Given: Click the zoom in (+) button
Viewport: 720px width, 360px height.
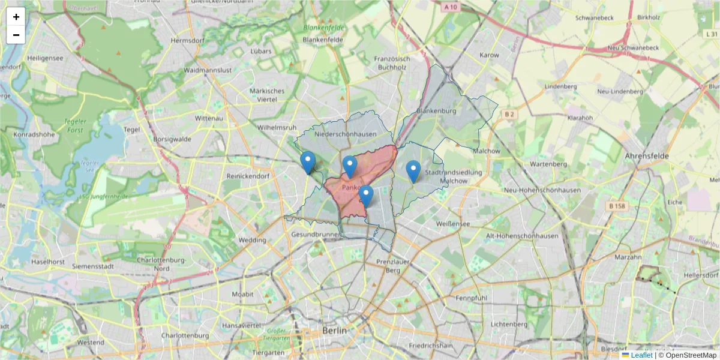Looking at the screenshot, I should [x=16, y=17].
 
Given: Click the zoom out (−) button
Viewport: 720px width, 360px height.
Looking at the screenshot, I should [x=16, y=35].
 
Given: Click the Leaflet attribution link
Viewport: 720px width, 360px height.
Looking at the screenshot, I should [x=641, y=355].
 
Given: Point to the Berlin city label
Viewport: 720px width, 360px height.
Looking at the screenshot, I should [x=334, y=331].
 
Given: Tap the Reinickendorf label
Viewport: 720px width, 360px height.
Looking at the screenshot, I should [x=248, y=176].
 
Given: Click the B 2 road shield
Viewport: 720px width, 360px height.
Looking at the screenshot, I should [x=510, y=114].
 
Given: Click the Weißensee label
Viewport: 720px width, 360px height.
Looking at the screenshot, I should [x=453, y=224].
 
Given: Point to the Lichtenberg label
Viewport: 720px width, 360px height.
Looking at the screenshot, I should [x=508, y=324].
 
